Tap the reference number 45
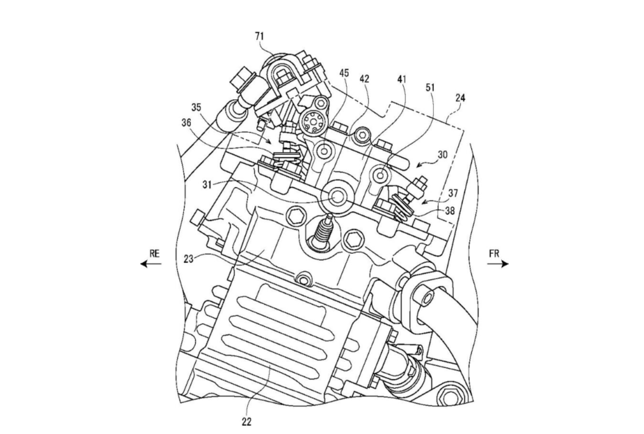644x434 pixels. tap(344, 73)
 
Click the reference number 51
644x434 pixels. tap(417, 88)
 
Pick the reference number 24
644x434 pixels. tap(460, 98)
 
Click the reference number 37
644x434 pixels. tap(453, 194)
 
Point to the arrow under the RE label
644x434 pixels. tap(151, 264)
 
